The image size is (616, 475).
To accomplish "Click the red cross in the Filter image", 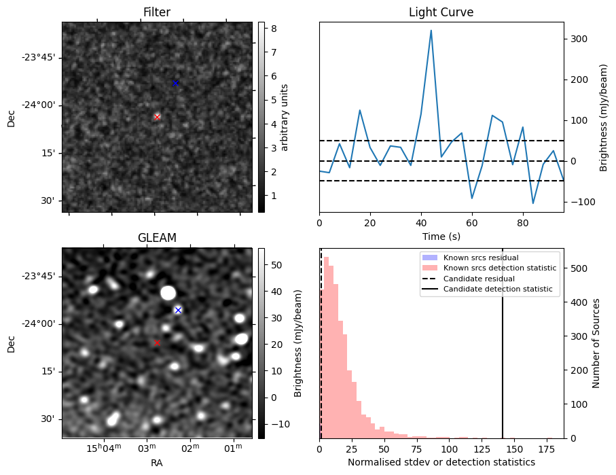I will (157, 117).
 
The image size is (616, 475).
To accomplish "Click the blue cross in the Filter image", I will (175, 83).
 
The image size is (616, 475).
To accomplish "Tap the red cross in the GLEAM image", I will (157, 342).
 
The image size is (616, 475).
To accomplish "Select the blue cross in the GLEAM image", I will (178, 310).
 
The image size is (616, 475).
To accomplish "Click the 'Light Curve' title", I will (441, 12).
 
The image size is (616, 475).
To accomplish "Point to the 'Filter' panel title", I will (157, 12).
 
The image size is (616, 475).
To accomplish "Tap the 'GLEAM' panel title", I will (157, 238).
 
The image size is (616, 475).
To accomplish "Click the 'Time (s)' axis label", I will (441, 235).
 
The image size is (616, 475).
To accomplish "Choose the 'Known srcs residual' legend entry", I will (481, 258).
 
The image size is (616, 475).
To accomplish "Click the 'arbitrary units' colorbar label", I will (285, 117).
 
